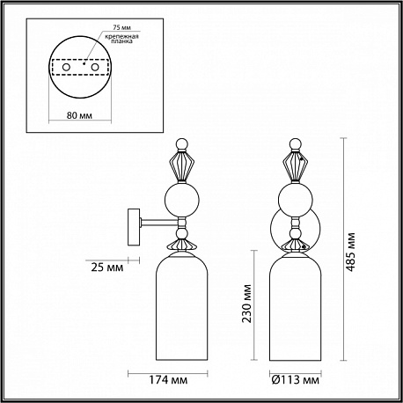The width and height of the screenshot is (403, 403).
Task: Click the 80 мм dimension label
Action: pyautogui.click(x=79, y=115)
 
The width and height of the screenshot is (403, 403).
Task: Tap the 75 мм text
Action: pyautogui.click(x=122, y=27)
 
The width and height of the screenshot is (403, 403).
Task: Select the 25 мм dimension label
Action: pyautogui.click(x=107, y=267)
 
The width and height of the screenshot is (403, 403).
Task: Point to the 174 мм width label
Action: pyautogui.click(x=168, y=380)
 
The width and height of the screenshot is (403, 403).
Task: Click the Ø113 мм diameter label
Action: pyautogui.click(x=295, y=380)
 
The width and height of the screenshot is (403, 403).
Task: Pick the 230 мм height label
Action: pyautogui.click(x=246, y=304)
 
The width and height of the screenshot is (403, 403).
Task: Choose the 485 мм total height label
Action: pyautogui.click(x=350, y=253)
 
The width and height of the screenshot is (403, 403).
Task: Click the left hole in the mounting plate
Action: pyautogui.click(x=66, y=67)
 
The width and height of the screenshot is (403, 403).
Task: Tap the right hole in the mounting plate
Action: pyautogui.click(x=94, y=67)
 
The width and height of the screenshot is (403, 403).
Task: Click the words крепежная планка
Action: pyautogui.click(x=121, y=39)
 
